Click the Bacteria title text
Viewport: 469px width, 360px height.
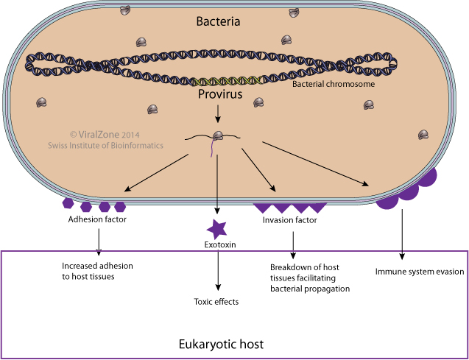coord(219,21)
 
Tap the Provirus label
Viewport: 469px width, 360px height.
coord(218,95)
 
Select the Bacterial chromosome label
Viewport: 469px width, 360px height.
coord(334,84)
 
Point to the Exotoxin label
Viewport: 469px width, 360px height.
coord(219,245)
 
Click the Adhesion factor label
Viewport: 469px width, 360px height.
coord(98,219)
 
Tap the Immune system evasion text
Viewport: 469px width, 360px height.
coord(420,272)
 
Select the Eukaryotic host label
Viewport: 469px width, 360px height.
coord(222,344)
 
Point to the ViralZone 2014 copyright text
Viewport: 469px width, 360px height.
coord(105,135)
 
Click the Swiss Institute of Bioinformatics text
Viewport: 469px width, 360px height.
coord(105,146)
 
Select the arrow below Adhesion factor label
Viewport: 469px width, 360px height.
coord(98,241)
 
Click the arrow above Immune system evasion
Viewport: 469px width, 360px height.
coord(402,234)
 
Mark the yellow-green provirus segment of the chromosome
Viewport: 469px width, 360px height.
coord(224,80)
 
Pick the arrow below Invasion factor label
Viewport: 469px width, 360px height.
coord(293,241)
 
